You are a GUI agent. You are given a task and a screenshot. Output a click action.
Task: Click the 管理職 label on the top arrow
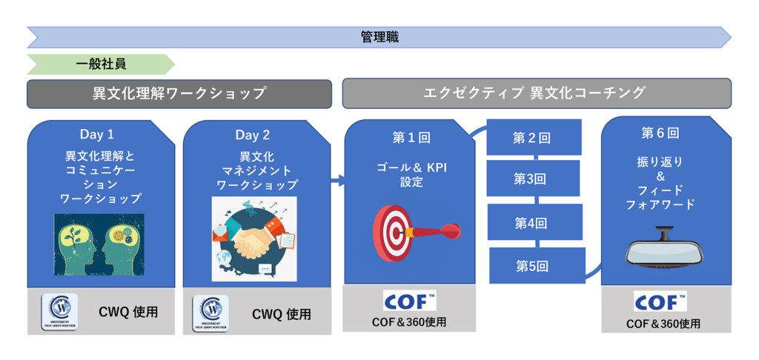pos(379,37)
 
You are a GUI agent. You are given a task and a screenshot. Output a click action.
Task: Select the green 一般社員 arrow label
pos(101,64)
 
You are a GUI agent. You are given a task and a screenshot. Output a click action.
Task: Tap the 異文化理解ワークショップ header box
pos(179,94)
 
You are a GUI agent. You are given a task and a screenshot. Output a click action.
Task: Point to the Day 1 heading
pos(97,135)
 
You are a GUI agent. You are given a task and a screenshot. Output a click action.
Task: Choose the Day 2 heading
pos(253,135)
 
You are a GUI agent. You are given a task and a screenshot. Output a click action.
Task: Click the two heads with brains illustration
pos(99,244)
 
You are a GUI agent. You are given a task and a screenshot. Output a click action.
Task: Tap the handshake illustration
pos(253,239)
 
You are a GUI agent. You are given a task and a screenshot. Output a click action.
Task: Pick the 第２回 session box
pos(532,138)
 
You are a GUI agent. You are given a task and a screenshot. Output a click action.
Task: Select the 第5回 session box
pos(536,265)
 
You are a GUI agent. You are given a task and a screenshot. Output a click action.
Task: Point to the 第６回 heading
pos(659,134)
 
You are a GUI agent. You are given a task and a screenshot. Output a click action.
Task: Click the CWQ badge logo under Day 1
pos(60,312)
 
